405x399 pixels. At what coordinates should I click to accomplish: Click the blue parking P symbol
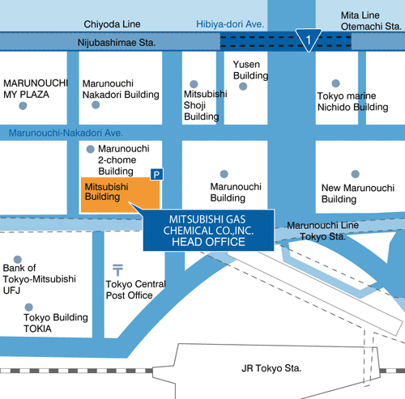(156, 175)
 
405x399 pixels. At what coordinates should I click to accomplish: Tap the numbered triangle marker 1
(309, 40)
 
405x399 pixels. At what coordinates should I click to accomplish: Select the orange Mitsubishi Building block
(121, 195)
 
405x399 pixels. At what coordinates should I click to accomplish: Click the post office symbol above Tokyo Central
(117, 270)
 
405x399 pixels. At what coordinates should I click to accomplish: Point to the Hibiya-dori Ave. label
(230, 24)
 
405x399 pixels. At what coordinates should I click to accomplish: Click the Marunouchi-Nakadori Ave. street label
(66, 133)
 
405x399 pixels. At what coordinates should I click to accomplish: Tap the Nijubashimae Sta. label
(117, 43)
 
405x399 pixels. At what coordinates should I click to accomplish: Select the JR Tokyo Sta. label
(271, 368)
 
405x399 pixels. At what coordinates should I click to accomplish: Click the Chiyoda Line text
(112, 24)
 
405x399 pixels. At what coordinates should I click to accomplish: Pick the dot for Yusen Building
(243, 87)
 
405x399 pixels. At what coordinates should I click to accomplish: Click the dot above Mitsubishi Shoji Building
(194, 84)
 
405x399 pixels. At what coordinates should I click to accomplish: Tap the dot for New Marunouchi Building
(356, 174)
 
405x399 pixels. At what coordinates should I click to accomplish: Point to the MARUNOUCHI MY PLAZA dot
(23, 106)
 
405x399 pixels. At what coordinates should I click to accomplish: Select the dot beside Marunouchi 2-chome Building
(90, 149)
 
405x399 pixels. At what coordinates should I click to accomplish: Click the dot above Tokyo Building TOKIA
(28, 307)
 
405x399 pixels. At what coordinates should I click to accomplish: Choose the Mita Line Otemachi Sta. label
(371, 21)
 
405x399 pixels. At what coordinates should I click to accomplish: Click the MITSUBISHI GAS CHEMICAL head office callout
(209, 230)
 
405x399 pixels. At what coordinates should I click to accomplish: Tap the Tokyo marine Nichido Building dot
(335, 83)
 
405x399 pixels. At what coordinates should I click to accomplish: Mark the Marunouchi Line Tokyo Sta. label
(323, 231)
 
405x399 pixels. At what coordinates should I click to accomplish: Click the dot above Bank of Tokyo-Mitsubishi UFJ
(18, 260)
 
